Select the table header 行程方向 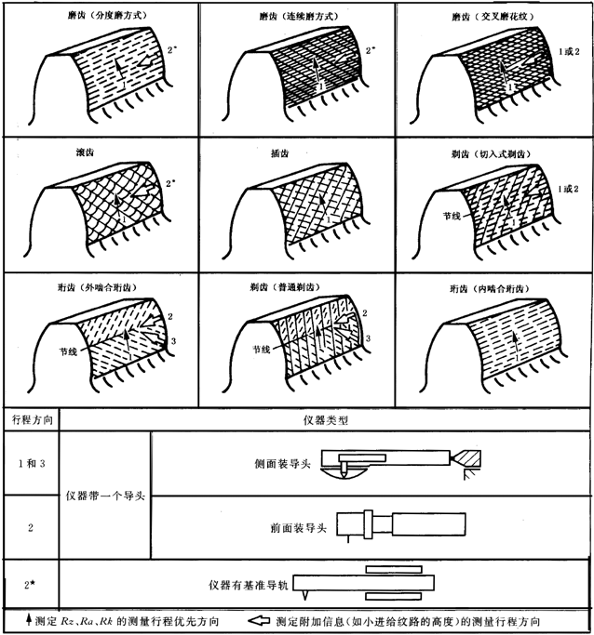coord(31,419)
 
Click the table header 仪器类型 coord(325,419)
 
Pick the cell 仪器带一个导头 coord(105,495)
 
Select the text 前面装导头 coord(293,527)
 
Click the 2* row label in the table coord(31,586)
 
